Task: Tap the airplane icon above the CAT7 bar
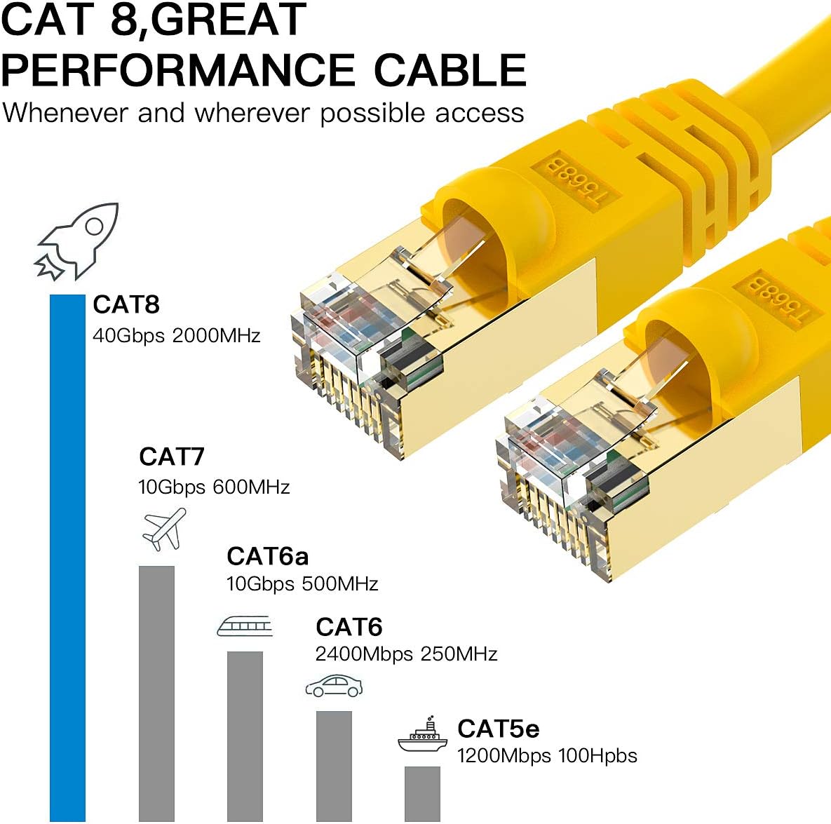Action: (164, 529)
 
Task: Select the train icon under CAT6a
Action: (244, 626)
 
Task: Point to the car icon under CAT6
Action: (334, 687)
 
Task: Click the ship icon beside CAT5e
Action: (422, 736)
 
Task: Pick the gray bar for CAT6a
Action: (245, 736)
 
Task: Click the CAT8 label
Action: (126, 304)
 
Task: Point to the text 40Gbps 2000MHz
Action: (176, 335)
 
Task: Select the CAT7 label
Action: (172, 457)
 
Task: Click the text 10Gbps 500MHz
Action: (302, 583)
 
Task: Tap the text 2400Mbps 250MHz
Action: (406, 654)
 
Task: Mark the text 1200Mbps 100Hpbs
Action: (547, 756)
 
